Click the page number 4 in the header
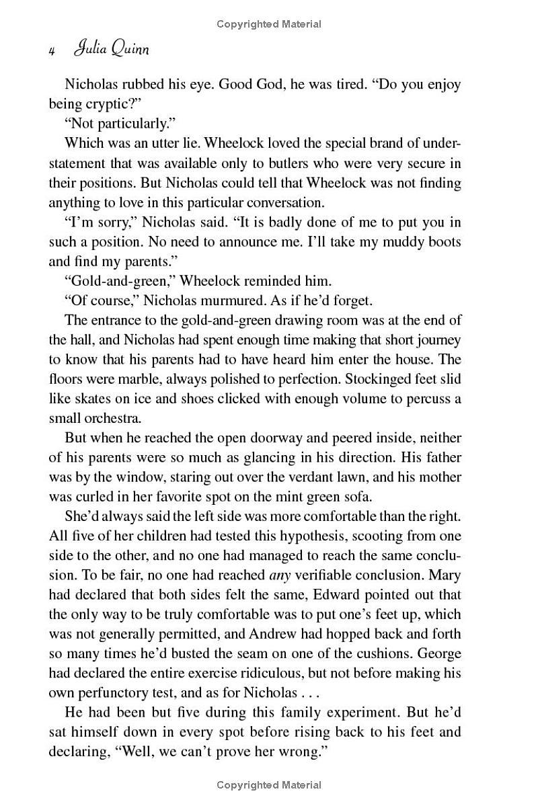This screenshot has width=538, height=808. click(x=51, y=51)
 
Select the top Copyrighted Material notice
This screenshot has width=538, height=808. click(x=269, y=24)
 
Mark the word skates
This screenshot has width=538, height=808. click(x=88, y=399)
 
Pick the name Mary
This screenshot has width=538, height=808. click(x=445, y=575)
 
